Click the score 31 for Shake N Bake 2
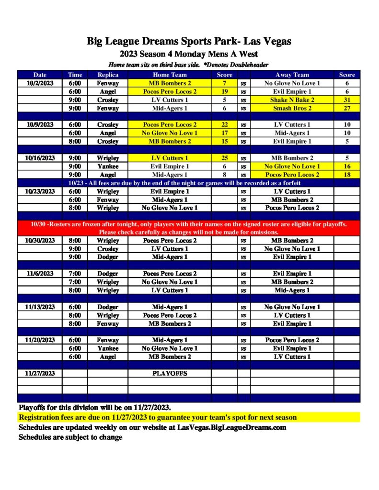(347, 100)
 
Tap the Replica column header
(107, 75)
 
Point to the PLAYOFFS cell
(170, 373)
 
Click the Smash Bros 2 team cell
(292, 108)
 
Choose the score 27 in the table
(347, 108)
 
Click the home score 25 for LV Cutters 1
(224, 158)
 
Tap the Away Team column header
(292, 75)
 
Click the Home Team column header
(170, 75)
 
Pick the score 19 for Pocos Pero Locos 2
(224, 91)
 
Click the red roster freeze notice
(189, 228)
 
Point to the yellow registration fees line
(158, 417)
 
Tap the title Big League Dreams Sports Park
(189, 41)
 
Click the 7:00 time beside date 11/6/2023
(75, 274)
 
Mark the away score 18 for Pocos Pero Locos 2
(347, 175)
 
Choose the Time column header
(75, 75)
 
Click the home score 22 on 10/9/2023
(224, 124)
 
